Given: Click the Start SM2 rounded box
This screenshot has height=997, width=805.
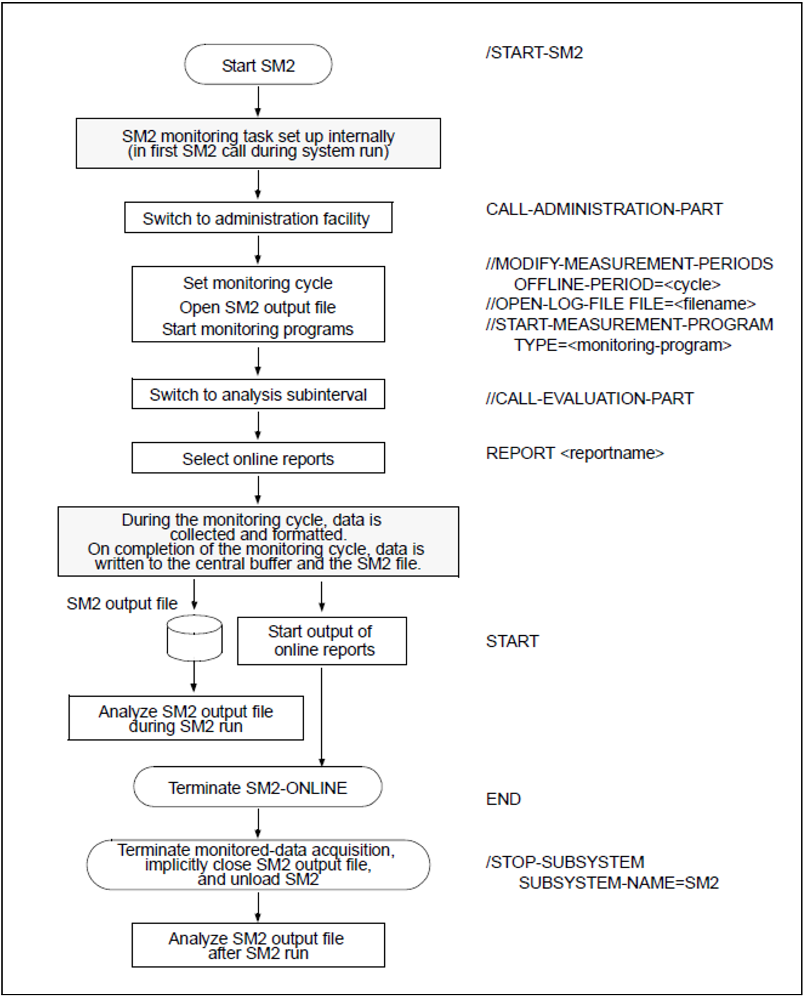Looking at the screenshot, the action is [258, 64].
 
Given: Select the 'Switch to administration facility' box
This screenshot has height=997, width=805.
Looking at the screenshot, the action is [258, 217].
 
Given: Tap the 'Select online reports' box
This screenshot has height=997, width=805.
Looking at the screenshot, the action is [258, 458].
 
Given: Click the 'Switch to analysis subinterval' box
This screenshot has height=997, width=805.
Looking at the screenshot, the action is [258, 394].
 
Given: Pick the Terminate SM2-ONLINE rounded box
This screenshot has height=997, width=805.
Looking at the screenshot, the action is [258, 787].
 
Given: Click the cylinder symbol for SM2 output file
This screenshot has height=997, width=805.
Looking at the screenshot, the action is [194, 638].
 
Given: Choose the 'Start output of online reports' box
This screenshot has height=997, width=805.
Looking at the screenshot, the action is [322, 641].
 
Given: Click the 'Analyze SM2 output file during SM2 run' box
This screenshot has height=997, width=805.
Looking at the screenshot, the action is [186, 718].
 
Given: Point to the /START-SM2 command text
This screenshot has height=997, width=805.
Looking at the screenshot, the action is [534, 53].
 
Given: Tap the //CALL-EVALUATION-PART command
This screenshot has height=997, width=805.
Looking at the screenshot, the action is [590, 398].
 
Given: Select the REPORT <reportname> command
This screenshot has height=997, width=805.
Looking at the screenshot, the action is [575, 453].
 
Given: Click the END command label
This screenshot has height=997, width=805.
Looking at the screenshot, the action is [504, 799].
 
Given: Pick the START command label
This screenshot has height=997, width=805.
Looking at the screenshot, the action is [513, 641].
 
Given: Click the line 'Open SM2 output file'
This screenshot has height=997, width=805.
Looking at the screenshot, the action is [257, 307].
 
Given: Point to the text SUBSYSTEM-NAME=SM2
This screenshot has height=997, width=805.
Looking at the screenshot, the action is [619, 882].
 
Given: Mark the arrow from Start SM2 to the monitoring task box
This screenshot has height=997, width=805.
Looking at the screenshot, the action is [258, 101].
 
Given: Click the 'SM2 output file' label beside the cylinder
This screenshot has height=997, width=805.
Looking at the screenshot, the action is [122, 603].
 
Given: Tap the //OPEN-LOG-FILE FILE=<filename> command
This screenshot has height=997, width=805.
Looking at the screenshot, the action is [621, 304].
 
